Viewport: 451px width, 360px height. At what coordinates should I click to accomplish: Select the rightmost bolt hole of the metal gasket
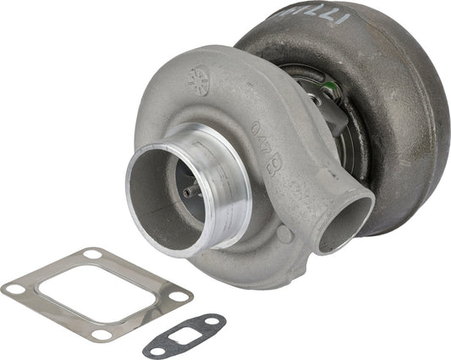(x=181, y=296)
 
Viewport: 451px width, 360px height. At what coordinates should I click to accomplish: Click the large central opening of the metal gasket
(x=98, y=292)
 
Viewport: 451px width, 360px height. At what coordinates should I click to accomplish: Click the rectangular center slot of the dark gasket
(x=184, y=335)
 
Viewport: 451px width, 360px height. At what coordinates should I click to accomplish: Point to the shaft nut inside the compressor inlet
(x=188, y=191)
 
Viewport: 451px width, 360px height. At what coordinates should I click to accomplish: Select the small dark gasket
(x=184, y=335)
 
